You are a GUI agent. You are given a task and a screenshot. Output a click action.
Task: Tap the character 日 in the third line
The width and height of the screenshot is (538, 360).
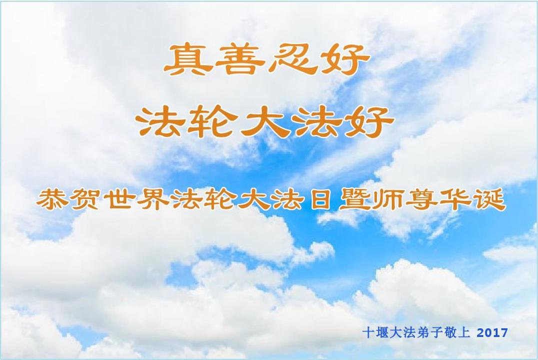[x=320, y=200]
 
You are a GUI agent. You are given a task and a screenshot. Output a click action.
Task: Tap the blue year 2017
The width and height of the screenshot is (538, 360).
[x=492, y=332]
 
